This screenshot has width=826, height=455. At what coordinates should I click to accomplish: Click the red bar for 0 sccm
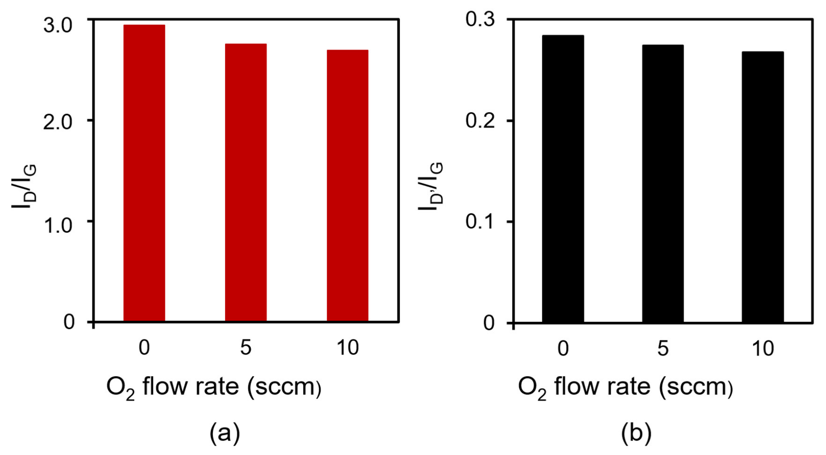(x=144, y=173)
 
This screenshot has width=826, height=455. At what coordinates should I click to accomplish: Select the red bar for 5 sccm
(x=246, y=182)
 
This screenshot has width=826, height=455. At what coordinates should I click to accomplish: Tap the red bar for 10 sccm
(x=347, y=185)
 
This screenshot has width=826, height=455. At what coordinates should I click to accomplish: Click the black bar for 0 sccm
(x=563, y=179)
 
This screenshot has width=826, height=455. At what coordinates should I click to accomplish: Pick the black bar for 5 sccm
(x=663, y=183)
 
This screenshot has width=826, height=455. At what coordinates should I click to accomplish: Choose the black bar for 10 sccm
(x=762, y=187)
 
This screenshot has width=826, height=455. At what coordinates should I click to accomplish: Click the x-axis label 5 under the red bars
(x=246, y=348)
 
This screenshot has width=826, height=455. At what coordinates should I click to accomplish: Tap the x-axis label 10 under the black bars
(x=762, y=349)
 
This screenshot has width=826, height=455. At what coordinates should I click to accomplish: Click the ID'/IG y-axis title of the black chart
(x=431, y=186)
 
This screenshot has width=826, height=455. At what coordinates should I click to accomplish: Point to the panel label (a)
(x=225, y=433)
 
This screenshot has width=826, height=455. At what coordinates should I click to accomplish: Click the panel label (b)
(x=636, y=433)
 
